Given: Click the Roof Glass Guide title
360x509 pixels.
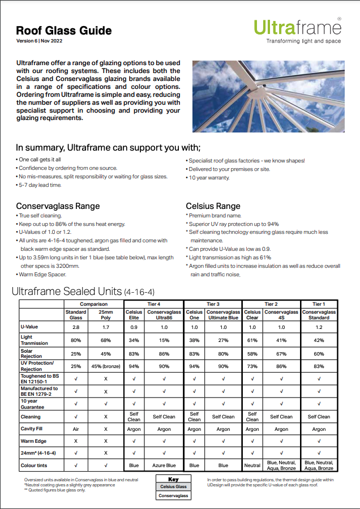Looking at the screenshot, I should (x=64, y=31).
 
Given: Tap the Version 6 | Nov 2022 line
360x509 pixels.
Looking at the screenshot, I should (x=39, y=42).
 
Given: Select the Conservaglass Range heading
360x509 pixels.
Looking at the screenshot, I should (x=58, y=206).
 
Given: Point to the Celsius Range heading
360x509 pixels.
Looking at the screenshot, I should (x=213, y=206).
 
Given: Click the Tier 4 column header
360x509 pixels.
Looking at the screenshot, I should (x=154, y=304).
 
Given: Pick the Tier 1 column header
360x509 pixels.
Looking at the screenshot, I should (x=319, y=304).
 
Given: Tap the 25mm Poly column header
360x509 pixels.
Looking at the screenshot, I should (x=106, y=314).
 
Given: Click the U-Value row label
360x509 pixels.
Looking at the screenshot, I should (x=29, y=327).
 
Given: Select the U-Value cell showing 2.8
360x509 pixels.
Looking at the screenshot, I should (x=76, y=327).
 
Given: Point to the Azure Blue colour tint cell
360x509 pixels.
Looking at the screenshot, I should (x=164, y=466).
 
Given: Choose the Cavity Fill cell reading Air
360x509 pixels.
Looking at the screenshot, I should (x=76, y=429).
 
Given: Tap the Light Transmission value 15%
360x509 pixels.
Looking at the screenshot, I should (x=164, y=340).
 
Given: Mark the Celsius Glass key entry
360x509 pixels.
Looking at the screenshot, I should (x=173, y=486).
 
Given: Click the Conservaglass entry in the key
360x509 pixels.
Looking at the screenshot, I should (x=173, y=495).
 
